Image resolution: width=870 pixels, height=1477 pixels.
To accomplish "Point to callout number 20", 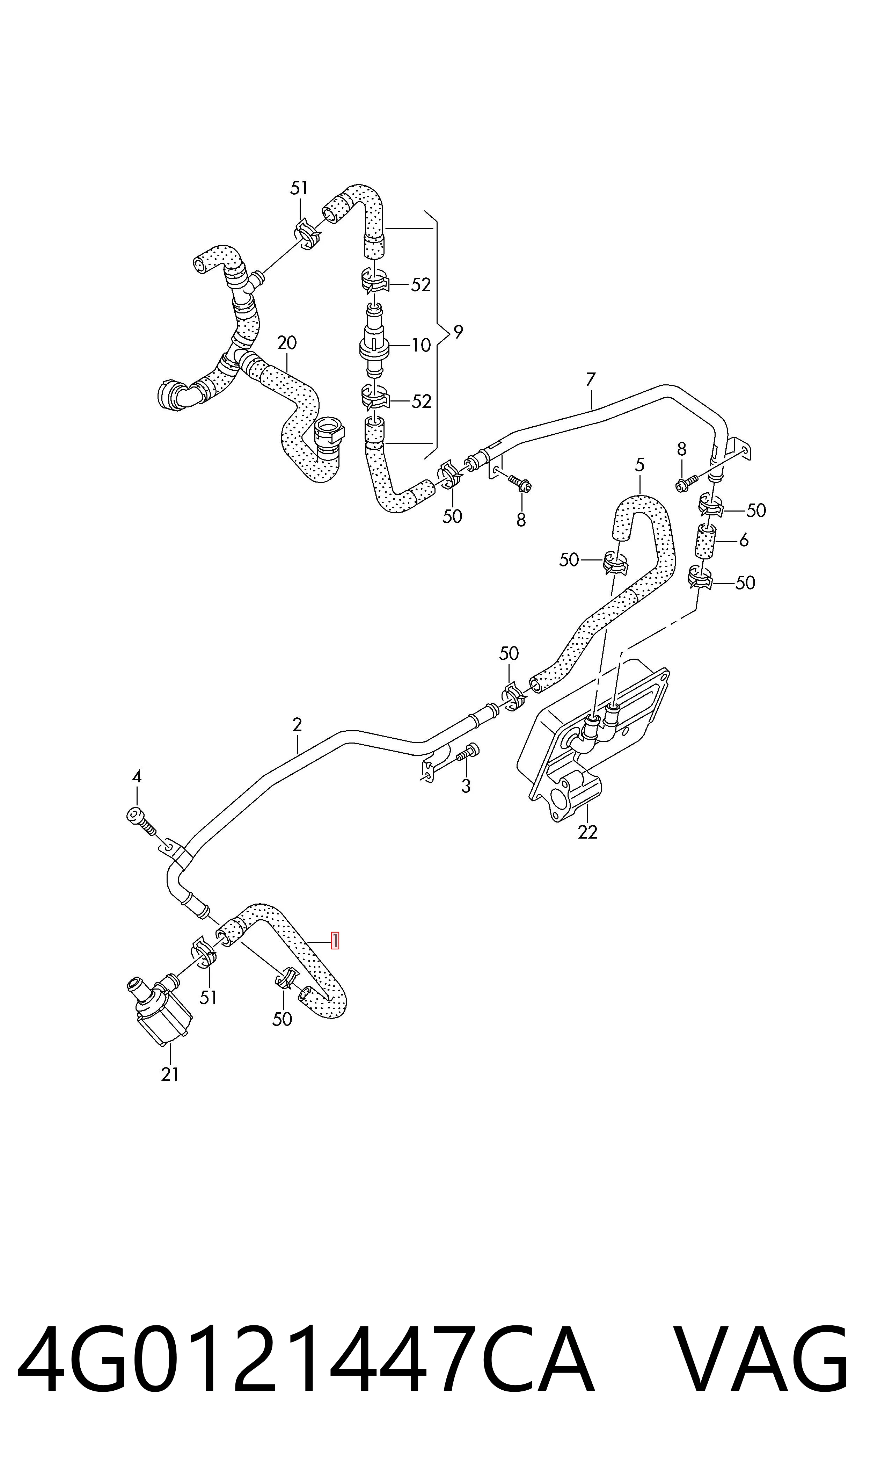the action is [287, 342].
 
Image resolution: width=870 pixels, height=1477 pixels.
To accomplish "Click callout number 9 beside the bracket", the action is [458, 332].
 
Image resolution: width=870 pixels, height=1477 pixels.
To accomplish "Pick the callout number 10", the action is [421, 345].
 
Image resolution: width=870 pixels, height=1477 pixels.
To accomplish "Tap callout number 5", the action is [639, 465].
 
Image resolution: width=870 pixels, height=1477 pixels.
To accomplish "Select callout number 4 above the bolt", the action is [137, 777].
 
